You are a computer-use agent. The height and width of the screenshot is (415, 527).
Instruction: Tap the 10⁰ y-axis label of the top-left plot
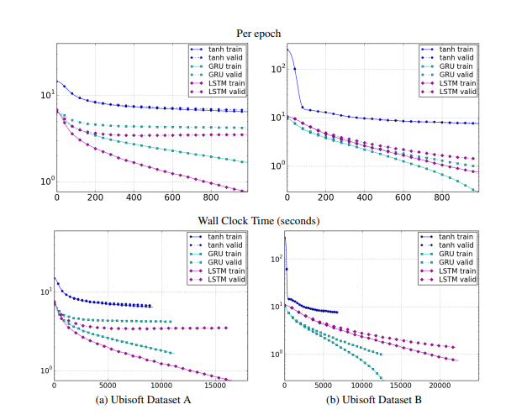(45, 181)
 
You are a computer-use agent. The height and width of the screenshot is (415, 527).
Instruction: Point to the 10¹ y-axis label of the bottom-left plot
(45, 292)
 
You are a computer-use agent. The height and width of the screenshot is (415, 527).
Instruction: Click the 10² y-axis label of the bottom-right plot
(275, 259)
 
